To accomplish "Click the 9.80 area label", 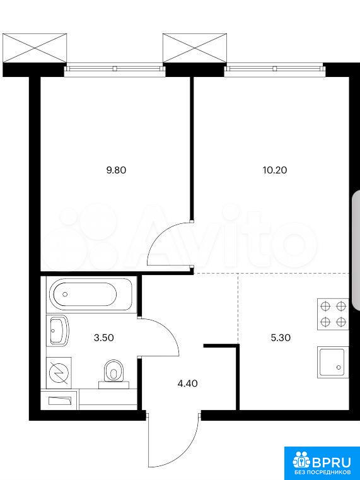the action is point(116,170).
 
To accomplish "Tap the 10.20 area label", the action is point(275,170).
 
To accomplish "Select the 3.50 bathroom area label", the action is point(104,337).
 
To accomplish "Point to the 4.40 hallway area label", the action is point(187,383).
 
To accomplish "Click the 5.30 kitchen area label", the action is point(281,337).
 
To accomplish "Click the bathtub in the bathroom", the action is point(90,294).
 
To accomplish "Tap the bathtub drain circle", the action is point(65,294).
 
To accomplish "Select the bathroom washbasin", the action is point(58,331).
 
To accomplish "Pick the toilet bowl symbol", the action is point(113,372).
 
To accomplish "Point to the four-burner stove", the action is point(333,314).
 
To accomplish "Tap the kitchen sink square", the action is point(333,363).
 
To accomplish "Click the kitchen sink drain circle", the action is point(339,367).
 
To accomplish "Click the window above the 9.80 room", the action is point(114,69).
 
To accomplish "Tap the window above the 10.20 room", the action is point(274,69).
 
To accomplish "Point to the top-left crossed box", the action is point(35,48).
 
